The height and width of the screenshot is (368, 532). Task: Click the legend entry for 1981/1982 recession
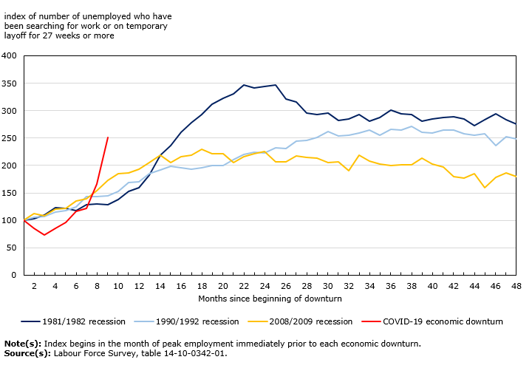[x=82, y=321]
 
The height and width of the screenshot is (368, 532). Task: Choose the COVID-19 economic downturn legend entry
[x=449, y=321]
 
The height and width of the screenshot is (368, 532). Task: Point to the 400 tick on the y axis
[x=10, y=55]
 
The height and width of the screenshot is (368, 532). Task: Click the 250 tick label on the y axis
[x=10, y=138]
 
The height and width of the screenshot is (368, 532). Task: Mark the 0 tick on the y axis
[x=14, y=276]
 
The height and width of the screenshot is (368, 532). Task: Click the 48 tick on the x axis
[x=516, y=285]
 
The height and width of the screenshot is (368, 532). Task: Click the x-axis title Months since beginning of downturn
[x=269, y=298]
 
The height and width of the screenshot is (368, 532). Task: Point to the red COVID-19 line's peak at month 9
[x=108, y=137]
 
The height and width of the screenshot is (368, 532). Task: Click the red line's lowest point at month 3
[x=44, y=235]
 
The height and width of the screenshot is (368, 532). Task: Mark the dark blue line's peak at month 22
[x=244, y=85]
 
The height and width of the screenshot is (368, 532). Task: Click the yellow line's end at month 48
[x=516, y=177]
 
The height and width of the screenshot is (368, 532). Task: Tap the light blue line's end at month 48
[x=516, y=139]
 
